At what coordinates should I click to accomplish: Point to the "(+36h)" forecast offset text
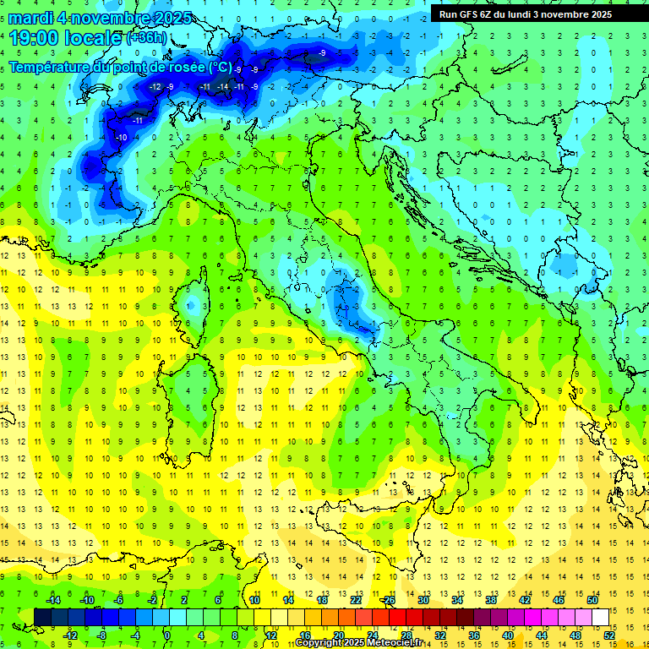(x=146, y=38)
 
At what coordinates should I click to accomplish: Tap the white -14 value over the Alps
(x=223, y=87)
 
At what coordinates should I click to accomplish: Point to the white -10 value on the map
(x=122, y=137)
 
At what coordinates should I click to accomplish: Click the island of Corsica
(x=196, y=300)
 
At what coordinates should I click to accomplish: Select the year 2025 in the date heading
(x=168, y=18)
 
